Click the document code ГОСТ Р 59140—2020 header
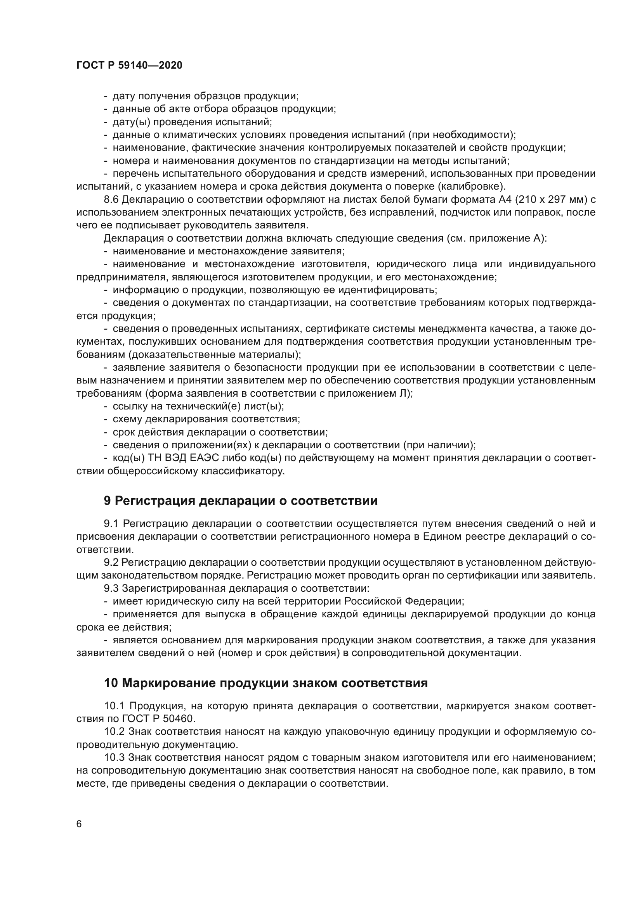coord(129,66)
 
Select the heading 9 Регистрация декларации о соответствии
coord(241,501)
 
